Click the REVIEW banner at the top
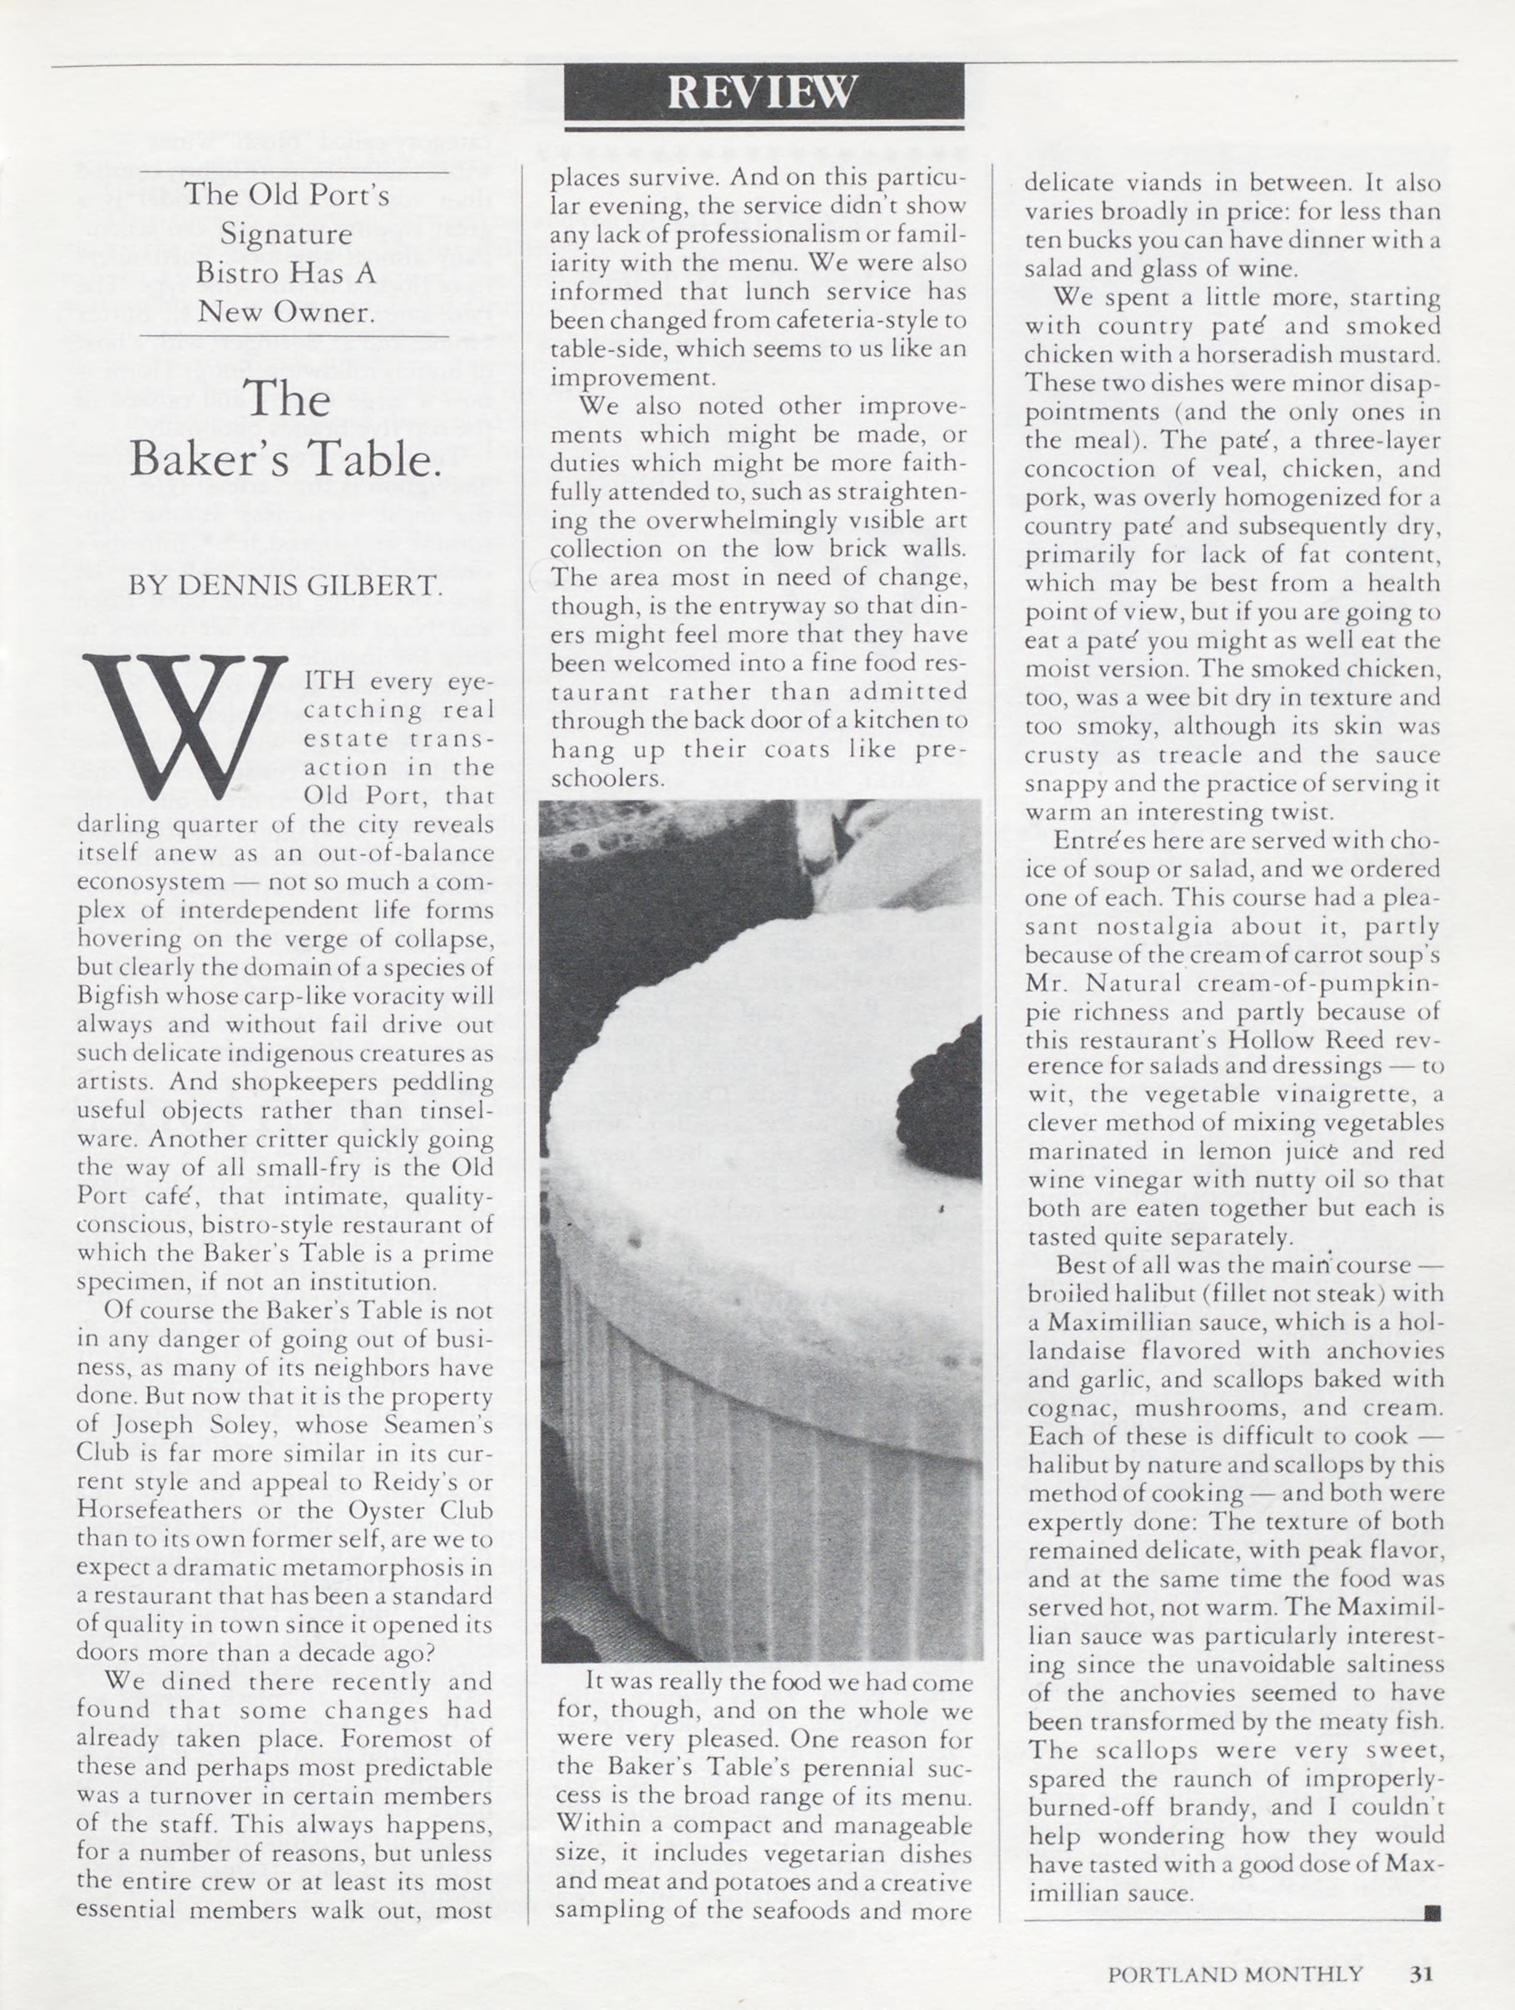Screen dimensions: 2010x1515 click(x=763, y=92)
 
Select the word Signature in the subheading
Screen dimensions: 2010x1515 click(x=287, y=235)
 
